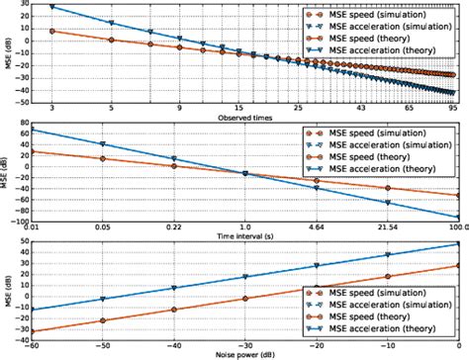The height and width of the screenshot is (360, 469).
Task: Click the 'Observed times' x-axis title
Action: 258,118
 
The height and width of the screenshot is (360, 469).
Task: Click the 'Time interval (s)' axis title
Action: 258,238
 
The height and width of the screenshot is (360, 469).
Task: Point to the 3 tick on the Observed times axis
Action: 50,107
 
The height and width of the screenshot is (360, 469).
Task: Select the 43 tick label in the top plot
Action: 359,107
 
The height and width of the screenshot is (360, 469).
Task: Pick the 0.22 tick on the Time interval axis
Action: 174,227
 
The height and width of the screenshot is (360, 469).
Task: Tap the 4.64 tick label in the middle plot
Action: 316,227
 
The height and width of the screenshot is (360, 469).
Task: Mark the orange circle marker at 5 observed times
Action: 111,41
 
